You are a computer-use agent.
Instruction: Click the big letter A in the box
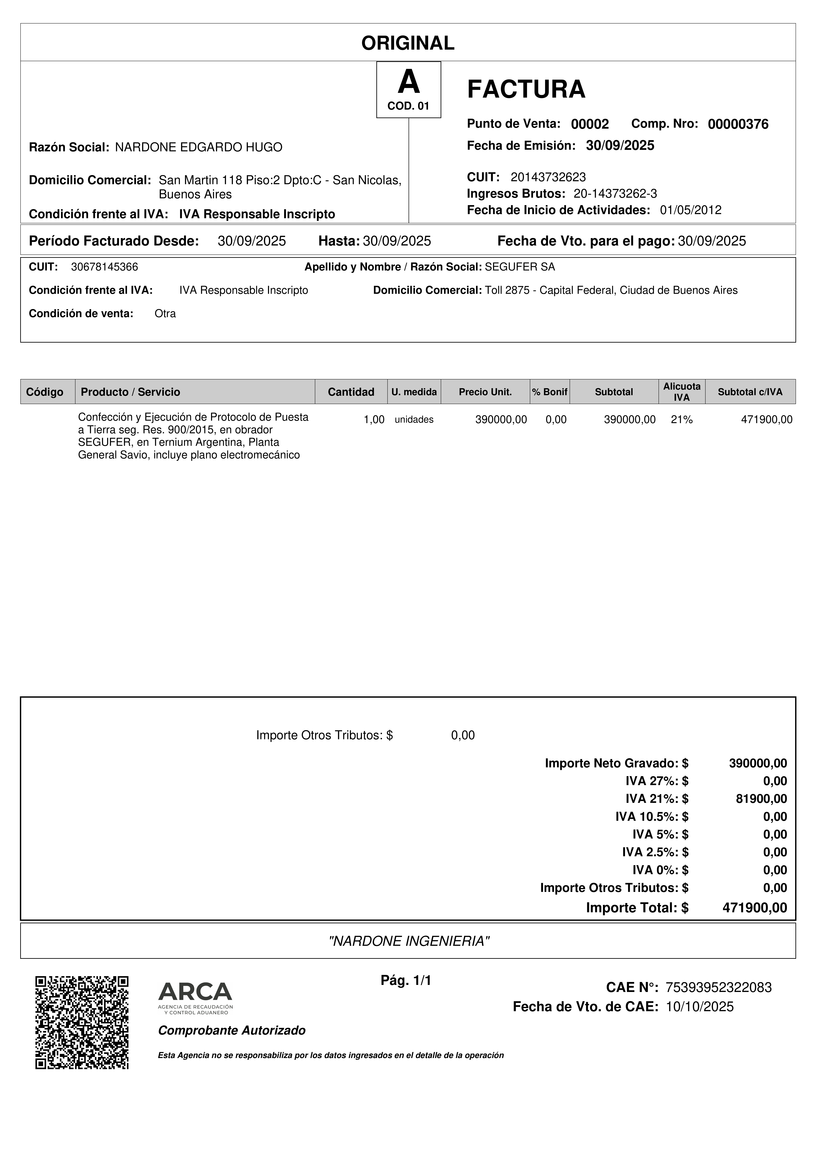click(408, 82)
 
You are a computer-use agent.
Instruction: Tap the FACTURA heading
click(526, 89)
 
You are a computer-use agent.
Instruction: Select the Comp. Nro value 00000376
click(738, 124)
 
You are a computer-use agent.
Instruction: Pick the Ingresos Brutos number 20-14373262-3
click(615, 194)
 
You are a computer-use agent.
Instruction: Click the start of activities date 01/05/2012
click(690, 210)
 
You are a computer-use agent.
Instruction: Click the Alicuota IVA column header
click(681, 392)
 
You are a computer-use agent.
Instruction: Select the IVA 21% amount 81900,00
click(761, 798)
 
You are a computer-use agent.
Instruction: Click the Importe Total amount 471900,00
click(754, 908)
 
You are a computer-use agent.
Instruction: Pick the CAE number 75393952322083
click(718, 987)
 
